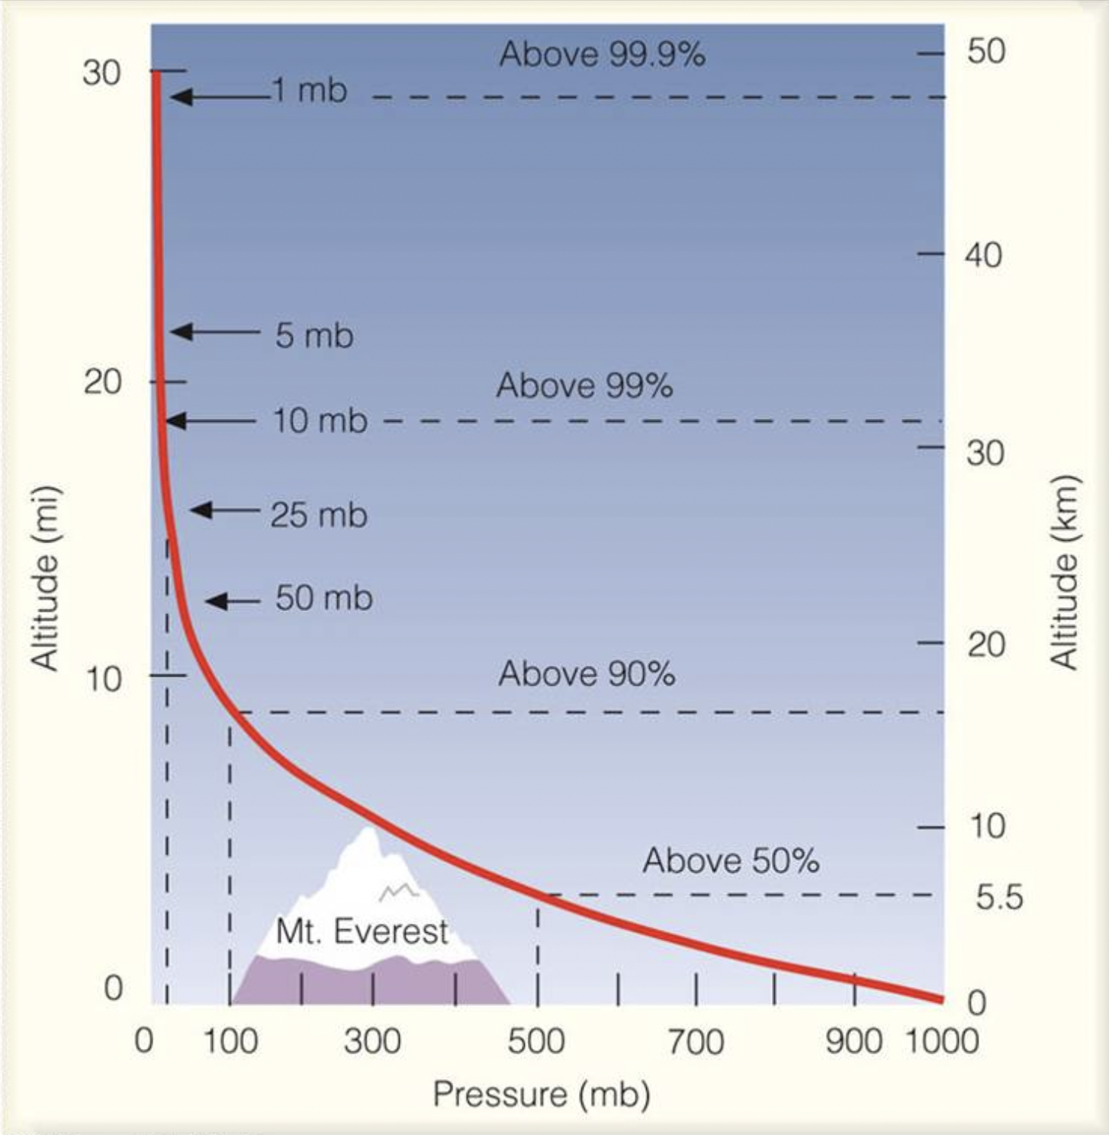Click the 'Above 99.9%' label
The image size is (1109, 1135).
[602, 54]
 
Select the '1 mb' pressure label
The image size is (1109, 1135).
[310, 90]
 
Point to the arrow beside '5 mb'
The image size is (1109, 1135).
[214, 332]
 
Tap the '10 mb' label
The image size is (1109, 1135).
[320, 420]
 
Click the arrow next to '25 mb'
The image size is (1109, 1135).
[225, 510]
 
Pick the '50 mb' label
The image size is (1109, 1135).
[324, 598]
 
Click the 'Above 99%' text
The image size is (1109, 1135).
[584, 385]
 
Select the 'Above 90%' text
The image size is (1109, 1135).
[587, 674]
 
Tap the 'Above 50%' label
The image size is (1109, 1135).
[731, 860]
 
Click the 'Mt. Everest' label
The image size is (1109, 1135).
[362, 931]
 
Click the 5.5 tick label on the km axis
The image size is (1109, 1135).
[999, 898]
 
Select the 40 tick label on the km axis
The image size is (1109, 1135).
[984, 254]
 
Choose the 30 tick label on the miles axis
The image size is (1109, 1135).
[102, 72]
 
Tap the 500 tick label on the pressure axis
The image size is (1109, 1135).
[536, 1041]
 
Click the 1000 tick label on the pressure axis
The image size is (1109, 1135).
[941, 1041]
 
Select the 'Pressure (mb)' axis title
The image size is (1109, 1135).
[542, 1095]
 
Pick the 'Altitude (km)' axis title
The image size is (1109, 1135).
[1065, 572]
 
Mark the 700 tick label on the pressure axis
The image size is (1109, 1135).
[696, 1041]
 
